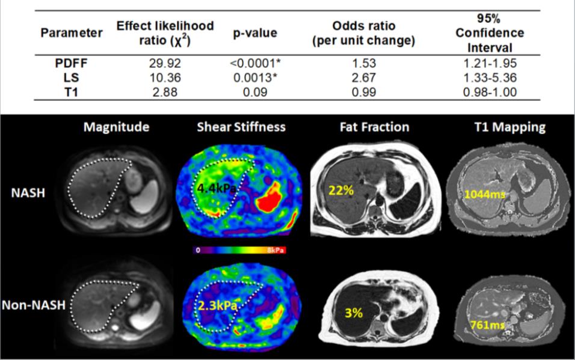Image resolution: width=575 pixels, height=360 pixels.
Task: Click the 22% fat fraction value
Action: [x=339, y=189]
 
